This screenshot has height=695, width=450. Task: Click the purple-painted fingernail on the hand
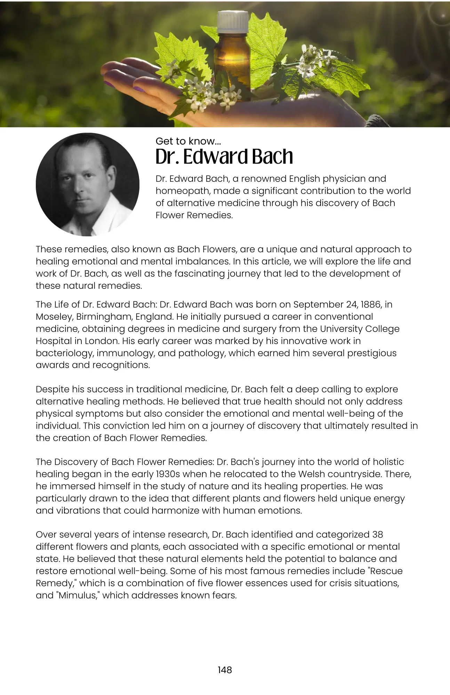[139, 89]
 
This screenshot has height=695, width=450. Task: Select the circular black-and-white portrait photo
[88, 185]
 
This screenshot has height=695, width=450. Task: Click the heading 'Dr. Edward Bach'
[224, 156]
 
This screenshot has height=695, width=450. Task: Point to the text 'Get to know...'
[188, 141]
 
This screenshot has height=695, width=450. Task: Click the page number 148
[225, 670]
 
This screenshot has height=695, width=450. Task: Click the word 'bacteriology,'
[65, 353]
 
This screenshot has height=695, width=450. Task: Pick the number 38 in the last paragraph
[377, 534]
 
